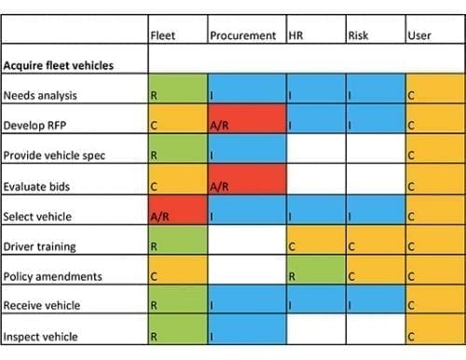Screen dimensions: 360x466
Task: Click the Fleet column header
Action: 163,36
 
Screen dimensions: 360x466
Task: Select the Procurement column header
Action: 242,36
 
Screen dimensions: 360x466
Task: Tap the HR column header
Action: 297,36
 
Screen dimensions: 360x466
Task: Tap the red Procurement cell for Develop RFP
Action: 245,125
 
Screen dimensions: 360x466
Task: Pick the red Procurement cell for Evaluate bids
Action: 245,185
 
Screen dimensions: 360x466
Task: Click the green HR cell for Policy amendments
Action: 314,275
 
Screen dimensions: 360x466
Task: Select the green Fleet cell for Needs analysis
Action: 177,95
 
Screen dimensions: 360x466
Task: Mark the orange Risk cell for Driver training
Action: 374,245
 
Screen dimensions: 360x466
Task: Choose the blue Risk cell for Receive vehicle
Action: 374,305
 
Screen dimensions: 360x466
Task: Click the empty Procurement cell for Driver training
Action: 245,245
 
